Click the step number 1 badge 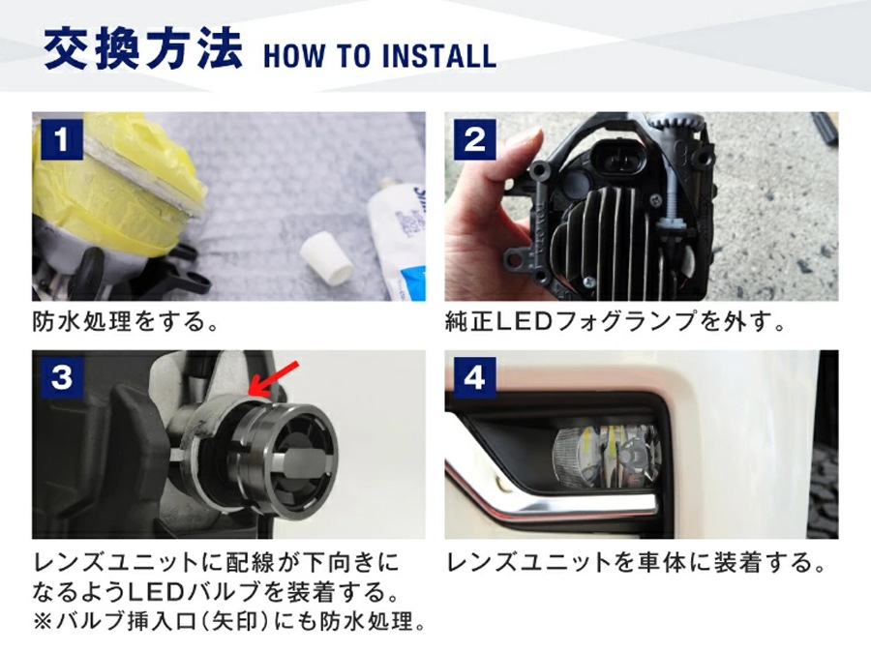pos(62,138)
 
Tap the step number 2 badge pos(475,138)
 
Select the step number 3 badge pos(62,377)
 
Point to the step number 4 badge pos(475,377)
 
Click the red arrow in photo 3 pos(273,379)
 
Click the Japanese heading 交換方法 pos(143,50)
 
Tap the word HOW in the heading pos(294,56)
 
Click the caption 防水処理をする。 pos(126,321)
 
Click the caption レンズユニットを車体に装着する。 pos(637,563)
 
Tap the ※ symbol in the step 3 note pos(43,621)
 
